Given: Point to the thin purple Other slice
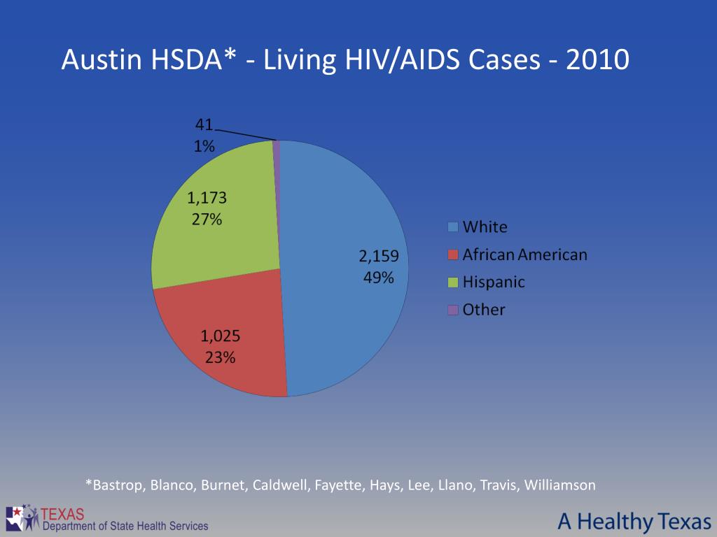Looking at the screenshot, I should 277,145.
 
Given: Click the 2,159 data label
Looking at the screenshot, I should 379,256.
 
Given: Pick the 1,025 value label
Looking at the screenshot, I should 221,336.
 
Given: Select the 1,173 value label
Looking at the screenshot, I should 207,198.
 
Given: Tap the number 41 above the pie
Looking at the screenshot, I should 204,125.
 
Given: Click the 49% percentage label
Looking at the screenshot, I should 378,277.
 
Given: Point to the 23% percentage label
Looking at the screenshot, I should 221,357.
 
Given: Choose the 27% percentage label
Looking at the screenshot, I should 207,219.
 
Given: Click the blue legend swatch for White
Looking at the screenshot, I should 454,227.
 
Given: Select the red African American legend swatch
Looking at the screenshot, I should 454,255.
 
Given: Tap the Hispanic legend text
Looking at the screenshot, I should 494,282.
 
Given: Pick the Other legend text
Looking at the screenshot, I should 484,310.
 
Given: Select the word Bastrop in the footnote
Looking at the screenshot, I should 116,485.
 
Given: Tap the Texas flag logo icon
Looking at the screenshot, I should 22,518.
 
